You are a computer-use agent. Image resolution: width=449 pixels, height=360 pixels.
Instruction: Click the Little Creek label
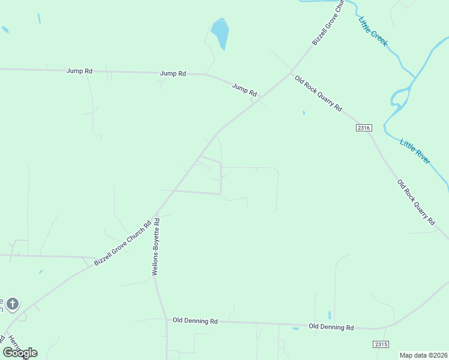coord(373,32)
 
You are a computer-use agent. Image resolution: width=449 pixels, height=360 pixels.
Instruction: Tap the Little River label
coord(415,151)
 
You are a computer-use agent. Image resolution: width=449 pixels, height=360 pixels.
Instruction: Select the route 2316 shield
coord(364,128)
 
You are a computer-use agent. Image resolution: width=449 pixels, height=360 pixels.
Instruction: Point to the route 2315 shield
coord(381,344)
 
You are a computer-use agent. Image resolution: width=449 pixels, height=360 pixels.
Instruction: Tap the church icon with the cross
coord(13,304)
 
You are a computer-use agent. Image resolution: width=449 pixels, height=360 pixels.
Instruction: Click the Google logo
coord(20,352)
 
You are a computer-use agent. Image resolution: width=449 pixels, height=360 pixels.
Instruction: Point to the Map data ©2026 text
coord(423,355)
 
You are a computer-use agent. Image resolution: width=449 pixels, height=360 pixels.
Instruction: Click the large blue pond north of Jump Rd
coord(220,33)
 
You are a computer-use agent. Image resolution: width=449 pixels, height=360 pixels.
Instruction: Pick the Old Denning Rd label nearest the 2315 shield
coord(331,327)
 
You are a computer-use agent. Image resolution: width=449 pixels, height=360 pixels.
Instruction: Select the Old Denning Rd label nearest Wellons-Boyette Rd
coord(195,321)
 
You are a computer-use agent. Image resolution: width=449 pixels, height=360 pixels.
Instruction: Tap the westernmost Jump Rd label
coord(79,71)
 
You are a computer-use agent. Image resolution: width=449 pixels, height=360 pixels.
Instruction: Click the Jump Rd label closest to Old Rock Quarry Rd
coord(244,90)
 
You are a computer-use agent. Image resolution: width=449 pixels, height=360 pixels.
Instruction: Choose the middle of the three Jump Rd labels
coord(173,73)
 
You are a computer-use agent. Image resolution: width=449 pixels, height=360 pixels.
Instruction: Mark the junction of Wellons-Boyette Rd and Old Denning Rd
coord(166,320)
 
